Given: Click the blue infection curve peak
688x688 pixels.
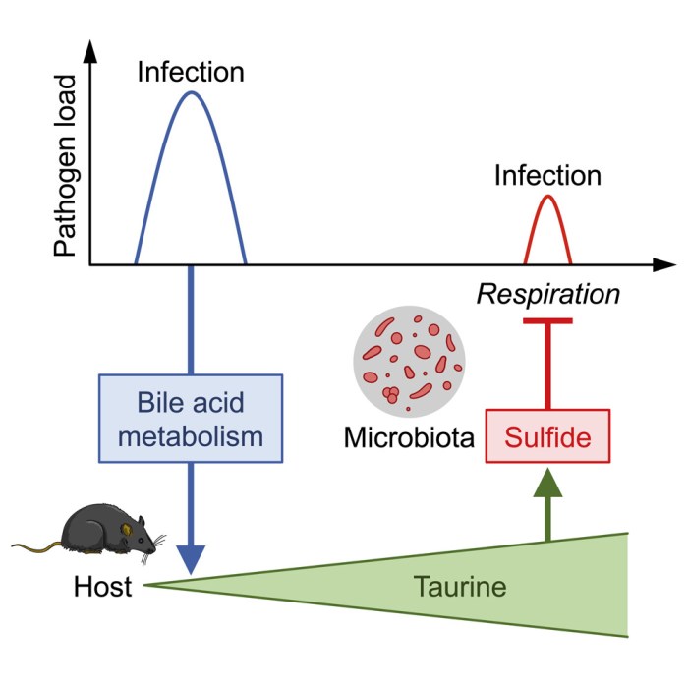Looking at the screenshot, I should [x=191, y=93].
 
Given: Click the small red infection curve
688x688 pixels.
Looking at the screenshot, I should [x=548, y=200].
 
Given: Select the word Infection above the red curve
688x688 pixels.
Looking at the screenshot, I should [x=547, y=176].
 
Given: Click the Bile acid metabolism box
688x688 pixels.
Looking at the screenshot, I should [x=191, y=419].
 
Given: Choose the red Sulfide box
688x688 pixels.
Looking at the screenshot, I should [x=548, y=435].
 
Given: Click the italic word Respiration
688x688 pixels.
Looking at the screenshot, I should [x=548, y=294].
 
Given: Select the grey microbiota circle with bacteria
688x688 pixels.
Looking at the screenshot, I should [x=409, y=361].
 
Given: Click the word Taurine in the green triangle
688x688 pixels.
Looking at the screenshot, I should [x=459, y=588].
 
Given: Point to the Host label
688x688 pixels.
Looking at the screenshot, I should [x=102, y=590].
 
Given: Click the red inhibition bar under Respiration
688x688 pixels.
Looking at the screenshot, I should [x=548, y=321].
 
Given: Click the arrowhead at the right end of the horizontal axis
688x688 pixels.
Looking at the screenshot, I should [x=665, y=265].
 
